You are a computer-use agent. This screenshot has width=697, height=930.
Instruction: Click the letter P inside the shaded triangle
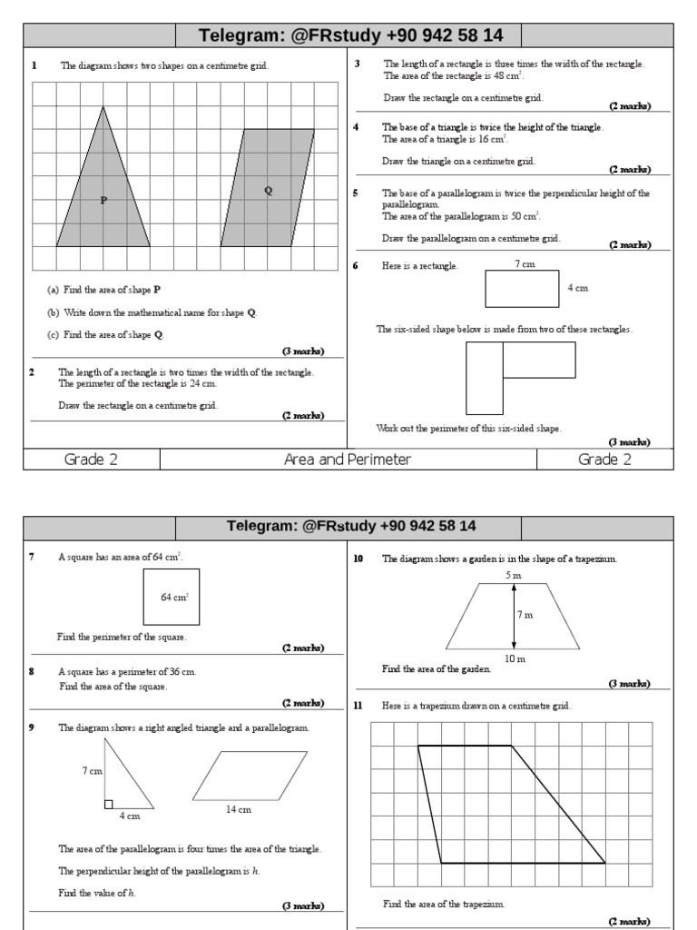[103, 200]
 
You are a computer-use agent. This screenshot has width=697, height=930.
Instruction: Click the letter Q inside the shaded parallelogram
[268, 190]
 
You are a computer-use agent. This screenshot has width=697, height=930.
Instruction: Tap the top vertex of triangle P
[103, 107]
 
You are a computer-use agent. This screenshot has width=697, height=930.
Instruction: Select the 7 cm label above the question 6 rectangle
[524, 264]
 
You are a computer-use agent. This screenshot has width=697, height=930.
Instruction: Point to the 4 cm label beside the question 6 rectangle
[578, 288]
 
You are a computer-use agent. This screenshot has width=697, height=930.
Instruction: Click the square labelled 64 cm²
[172, 597]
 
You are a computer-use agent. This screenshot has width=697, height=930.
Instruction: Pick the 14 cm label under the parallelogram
[239, 809]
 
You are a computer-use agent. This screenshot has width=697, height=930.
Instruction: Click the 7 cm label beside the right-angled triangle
[93, 770]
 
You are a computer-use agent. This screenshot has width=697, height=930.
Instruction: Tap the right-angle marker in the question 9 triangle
[109, 803]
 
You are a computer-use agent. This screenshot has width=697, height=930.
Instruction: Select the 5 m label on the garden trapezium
[514, 576]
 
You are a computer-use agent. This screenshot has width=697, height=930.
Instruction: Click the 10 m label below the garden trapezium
[515, 658]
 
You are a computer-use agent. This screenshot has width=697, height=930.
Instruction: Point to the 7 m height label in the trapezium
[525, 616]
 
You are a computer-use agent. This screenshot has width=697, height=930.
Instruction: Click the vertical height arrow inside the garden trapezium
[514, 616]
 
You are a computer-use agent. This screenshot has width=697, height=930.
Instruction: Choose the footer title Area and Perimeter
[348, 460]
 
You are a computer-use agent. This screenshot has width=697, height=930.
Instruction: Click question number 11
[358, 706]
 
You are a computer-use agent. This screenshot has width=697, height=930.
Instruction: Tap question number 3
[357, 64]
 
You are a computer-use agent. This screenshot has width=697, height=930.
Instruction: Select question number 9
[33, 727]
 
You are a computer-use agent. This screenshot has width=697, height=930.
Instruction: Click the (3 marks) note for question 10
[629, 683]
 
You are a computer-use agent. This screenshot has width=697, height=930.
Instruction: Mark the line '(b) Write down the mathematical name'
[152, 312]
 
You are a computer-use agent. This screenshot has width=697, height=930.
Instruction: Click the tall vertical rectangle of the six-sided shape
[485, 379]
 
